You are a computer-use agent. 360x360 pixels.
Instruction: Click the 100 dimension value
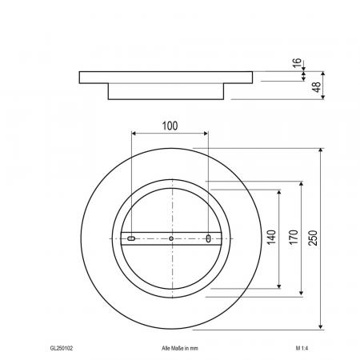[169, 126]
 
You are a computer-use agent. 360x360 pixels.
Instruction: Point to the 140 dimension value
[272, 238]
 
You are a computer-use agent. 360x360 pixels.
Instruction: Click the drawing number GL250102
[62, 349]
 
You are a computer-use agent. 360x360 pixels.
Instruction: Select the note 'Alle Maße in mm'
[179, 349]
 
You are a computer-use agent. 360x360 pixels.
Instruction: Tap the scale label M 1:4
[302, 349]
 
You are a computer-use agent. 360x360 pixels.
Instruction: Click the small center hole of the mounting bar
[171, 238]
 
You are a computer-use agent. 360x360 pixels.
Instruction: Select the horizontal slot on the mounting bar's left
[131, 238]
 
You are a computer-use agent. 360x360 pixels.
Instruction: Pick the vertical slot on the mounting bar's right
[209, 238]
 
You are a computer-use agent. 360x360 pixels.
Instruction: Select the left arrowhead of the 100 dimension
[134, 134]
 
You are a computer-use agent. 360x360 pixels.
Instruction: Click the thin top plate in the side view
[167, 77]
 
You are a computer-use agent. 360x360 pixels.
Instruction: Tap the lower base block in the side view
[167, 91]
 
